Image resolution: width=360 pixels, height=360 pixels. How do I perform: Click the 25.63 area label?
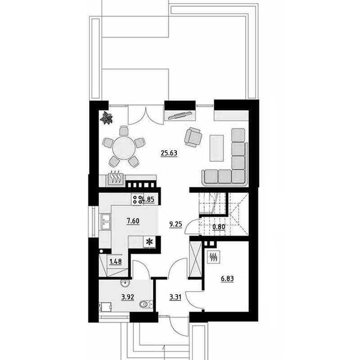click(169, 153)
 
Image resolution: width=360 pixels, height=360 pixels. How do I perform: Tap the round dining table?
click(124, 148)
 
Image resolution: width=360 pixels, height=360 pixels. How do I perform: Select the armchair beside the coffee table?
click(193, 137)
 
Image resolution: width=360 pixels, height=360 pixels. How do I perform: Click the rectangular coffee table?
click(216, 148)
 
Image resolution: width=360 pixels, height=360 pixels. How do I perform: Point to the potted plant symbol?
click(106, 118)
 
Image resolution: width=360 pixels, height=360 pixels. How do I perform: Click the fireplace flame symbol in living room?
click(115, 177)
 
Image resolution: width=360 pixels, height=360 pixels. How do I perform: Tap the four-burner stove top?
click(137, 199)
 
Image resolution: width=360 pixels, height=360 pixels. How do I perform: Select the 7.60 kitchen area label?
click(133, 221)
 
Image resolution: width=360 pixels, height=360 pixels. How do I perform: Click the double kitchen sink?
click(105, 221)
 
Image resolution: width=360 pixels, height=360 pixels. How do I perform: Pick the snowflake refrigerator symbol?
click(149, 242)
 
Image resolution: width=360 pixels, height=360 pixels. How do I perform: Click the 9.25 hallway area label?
click(175, 224)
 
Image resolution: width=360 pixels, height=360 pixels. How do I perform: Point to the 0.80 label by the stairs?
click(219, 227)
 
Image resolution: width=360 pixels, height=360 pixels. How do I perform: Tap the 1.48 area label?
click(115, 261)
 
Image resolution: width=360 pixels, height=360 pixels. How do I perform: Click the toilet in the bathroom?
click(146, 304)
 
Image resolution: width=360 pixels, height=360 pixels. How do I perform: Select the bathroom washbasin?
click(125, 283)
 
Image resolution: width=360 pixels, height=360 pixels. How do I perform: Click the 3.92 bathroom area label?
click(128, 297)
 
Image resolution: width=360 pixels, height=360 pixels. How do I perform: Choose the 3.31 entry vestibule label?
click(175, 297)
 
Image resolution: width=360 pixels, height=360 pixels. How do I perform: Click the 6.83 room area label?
click(227, 279)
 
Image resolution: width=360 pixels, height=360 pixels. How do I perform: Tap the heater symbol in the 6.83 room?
click(214, 256)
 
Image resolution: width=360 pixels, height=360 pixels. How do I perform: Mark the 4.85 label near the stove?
click(148, 199)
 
